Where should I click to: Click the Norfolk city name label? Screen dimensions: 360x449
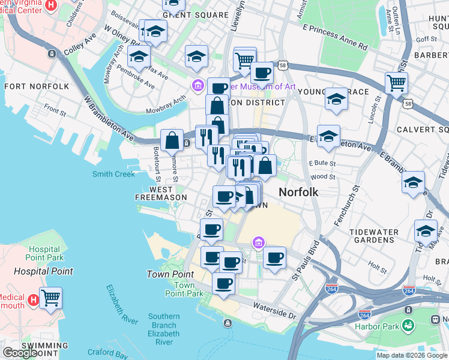pos(298,193)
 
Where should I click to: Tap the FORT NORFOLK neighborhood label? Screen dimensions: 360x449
pos(37,86)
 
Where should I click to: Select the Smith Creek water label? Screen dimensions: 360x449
pos(113,175)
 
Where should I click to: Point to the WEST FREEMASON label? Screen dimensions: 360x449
pos(160,193)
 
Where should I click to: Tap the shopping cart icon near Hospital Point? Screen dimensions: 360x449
pos(51,296)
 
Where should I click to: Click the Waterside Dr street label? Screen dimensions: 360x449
pos(276,314)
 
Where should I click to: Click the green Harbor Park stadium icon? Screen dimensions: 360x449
pos(409,326)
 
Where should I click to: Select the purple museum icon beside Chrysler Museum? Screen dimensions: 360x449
pos(197,86)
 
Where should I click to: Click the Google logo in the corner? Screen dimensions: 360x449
pos(20,353)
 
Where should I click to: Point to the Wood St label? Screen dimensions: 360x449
pos(323,177)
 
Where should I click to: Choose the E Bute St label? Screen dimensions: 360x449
pos(322,163)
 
